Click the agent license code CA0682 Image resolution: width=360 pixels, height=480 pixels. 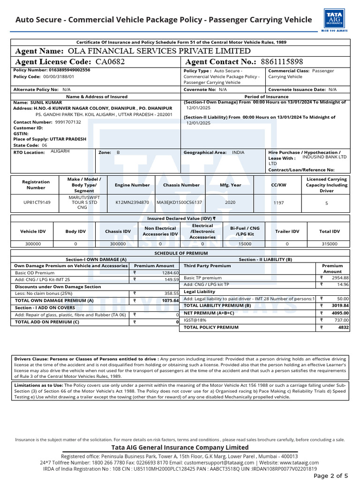(x=110, y=62)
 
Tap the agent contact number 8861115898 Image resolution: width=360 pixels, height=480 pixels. (x=282, y=62)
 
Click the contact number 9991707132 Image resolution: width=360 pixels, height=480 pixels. (x=68, y=121)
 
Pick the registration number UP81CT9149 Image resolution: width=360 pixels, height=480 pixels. (x=36, y=202)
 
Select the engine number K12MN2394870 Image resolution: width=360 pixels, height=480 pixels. (x=132, y=202)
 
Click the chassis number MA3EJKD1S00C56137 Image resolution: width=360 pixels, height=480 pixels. (x=180, y=202)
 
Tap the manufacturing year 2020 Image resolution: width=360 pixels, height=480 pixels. (x=230, y=202)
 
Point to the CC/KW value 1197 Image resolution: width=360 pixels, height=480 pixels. (x=278, y=203)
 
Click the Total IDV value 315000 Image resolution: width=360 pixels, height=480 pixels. (x=329, y=244)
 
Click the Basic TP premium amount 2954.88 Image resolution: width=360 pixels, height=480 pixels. (x=340, y=277)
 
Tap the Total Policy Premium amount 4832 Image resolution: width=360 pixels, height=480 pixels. (x=344, y=327)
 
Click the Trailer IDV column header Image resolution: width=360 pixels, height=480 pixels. (x=287, y=231)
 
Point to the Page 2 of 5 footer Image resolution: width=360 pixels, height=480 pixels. (x=330, y=475)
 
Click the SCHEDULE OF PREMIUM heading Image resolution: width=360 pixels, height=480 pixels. (x=180, y=253)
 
